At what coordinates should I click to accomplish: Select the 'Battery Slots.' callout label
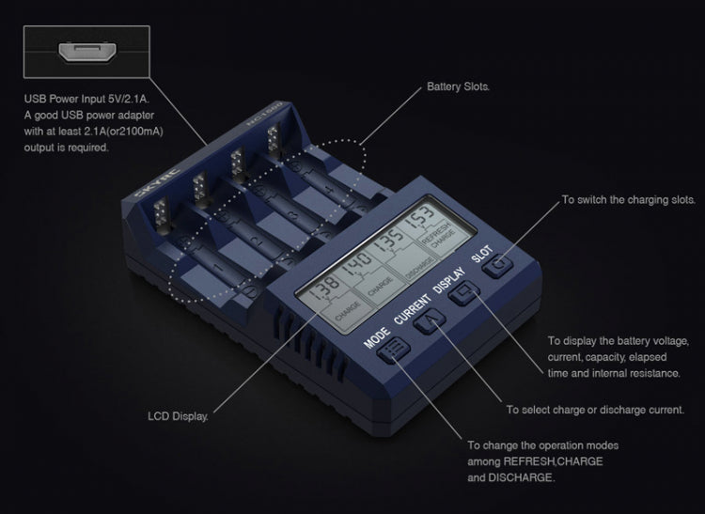coord(458,86)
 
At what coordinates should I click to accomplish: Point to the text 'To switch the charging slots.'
coord(628,200)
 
